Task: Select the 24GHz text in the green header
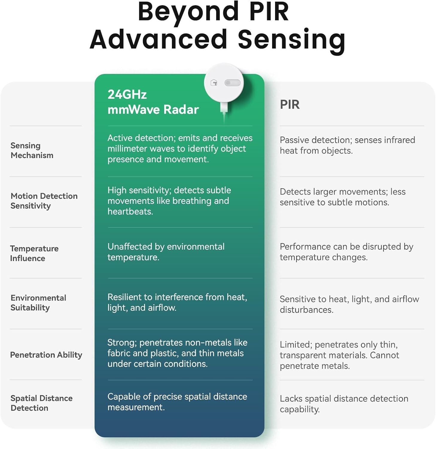[x=127, y=95]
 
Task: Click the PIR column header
[x=289, y=104]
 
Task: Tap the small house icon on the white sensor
[x=214, y=83]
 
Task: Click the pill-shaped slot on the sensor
[x=232, y=83]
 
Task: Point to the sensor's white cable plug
[x=224, y=108]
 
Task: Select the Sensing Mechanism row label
[x=32, y=150]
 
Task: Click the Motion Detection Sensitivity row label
[x=44, y=201]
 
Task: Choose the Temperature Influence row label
[x=34, y=253]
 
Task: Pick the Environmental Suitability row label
[x=38, y=303]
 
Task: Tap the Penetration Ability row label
[x=46, y=355]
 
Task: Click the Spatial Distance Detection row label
[x=41, y=403]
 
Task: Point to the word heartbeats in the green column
[x=130, y=212]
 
